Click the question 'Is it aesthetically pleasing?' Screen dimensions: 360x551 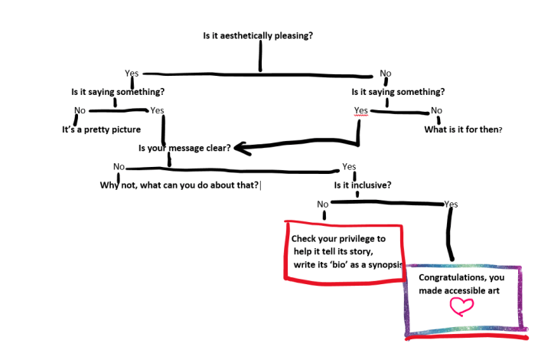point(257,35)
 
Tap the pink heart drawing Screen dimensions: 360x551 point(461,306)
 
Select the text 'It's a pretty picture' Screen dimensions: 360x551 point(101,129)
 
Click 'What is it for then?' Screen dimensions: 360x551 point(463,129)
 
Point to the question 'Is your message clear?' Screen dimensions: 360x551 point(184,148)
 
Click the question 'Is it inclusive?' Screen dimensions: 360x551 point(363,185)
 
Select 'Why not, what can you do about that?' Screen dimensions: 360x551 point(180,185)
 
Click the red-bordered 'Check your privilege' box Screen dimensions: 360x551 point(344,253)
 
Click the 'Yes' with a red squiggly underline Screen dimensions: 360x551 point(361,110)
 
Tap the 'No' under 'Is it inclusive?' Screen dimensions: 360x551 point(322,205)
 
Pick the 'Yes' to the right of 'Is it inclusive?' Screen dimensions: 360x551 point(451,205)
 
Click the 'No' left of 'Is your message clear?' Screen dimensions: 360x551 point(119,166)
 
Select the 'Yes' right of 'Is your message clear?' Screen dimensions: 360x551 point(349,166)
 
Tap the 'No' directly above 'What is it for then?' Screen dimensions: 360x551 point(436,110)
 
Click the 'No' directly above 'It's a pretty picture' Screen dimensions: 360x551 point(80,110)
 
